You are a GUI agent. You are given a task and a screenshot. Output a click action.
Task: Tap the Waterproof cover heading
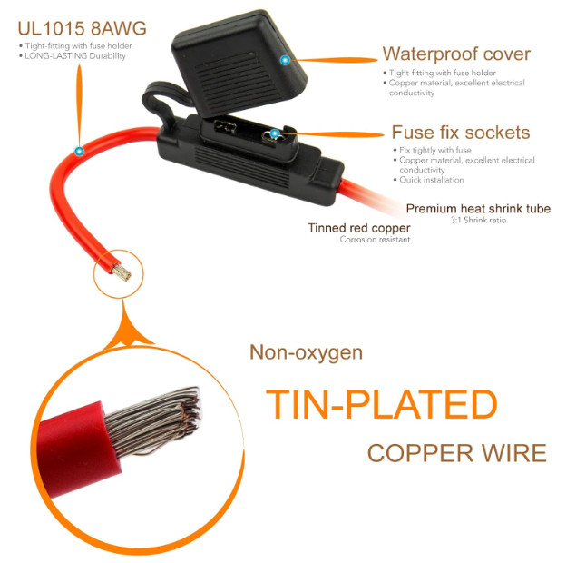(456, 54)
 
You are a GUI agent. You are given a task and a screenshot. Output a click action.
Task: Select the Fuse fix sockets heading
(460, 133)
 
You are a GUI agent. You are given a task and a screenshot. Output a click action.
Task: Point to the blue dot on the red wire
(80, 150)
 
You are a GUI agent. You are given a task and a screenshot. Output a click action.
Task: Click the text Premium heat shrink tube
(478, 209)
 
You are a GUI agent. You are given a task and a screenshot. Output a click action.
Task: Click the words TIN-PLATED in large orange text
(381, 405)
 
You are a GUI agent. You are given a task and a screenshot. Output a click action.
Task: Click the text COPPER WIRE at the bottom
(456, 453)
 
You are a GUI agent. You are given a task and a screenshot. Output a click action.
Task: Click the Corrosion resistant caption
(375, 240)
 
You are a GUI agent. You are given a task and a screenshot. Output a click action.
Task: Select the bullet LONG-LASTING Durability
(74, 56)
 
